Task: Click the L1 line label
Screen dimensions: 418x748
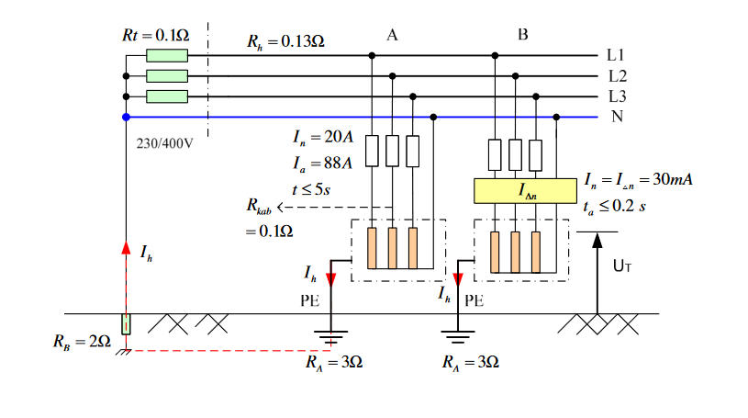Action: [617, 55]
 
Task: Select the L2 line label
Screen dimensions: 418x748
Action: [618, 75]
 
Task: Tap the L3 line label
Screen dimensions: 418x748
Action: [618, 96]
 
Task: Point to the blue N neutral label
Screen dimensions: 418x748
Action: [617, 117]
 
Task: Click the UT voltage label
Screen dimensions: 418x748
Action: [622, 267]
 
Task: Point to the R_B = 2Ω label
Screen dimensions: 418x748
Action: [82, 343]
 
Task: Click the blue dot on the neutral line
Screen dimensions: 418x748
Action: [126, 117]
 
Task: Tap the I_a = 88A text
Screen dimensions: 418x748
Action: [322, 164]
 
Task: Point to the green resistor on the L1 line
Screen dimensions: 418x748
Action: [167, 55]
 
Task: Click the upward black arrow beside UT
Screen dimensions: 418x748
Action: [598, 241]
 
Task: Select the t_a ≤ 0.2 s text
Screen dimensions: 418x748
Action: [615, 207]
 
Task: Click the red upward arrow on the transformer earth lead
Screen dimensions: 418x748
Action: [126, 248]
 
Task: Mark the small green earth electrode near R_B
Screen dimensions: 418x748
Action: [126, 324]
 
